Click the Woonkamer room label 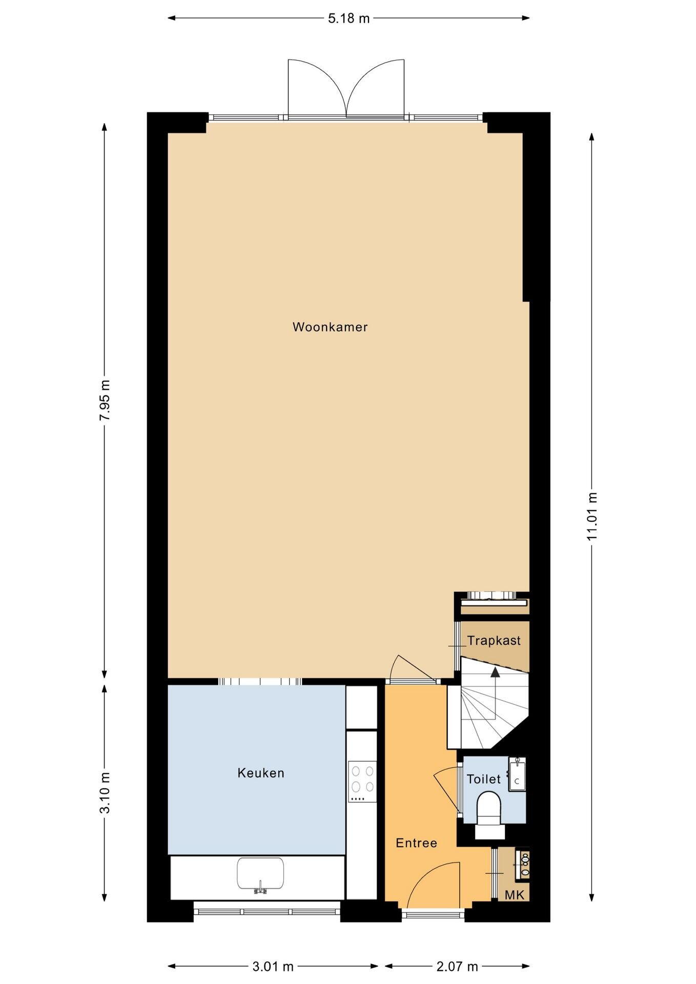click(330, 327)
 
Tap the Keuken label click(260, 773)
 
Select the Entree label click(416, 843)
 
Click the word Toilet click(483, 780)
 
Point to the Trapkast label click(494, 641)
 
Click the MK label click(515, 895)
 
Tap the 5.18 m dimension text click(349, 19)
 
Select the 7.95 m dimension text click(105, 400)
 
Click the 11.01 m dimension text click(592, 516)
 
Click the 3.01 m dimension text click(273, 967)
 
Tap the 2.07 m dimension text click(457, 967)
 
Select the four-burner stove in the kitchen click(362, 782)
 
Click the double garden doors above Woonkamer click(346, 90)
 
